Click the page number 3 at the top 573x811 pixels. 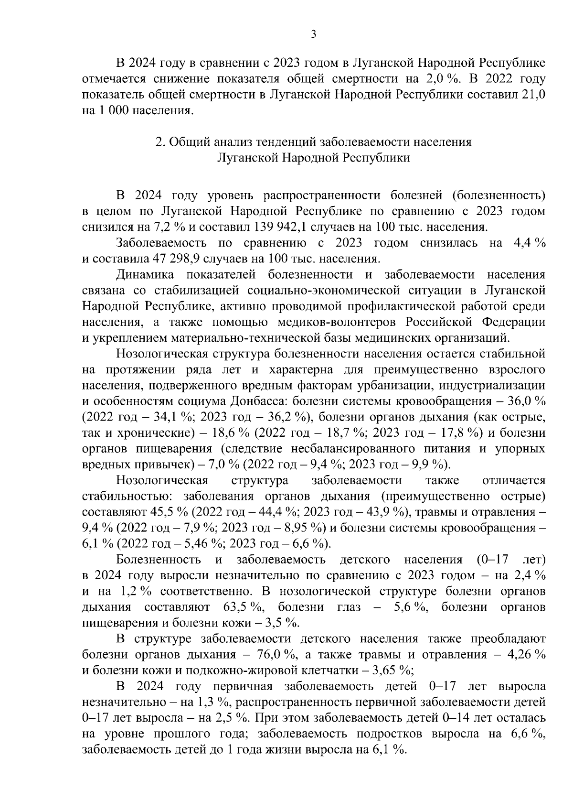313,34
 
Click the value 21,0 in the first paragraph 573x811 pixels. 532,95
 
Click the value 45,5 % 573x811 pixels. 170,512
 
